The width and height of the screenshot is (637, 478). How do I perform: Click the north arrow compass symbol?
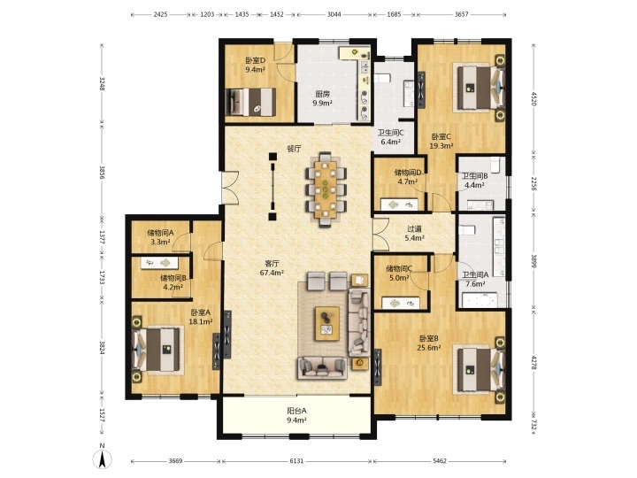(x=103, y=458)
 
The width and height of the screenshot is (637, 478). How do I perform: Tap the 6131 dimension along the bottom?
(x=296, y=461)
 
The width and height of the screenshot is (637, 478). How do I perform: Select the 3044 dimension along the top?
(x=334, y=14)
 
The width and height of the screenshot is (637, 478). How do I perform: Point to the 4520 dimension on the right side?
(x=533, y=98)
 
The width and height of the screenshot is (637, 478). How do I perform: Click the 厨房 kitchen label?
(x=323, y=94)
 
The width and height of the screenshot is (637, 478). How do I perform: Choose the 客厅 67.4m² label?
(x=272, y=268)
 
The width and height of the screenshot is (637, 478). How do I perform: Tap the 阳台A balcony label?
(x=296, y=411)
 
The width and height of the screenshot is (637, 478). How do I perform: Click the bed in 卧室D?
(x=250, y=102)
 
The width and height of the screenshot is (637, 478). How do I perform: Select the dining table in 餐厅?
(x=326, y=189)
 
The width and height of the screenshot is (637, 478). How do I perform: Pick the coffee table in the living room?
(x=327, y=324)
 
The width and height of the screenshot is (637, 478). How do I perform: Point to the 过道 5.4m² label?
(x=414, y=234)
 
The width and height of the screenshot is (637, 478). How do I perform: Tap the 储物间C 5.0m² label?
(x=399, y=274)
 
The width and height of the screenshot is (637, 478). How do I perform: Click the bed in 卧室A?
(x=157, y=349)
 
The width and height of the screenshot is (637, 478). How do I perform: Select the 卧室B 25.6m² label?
(x=429, y=343)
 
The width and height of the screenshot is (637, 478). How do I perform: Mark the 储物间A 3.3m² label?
(x=160, y=237)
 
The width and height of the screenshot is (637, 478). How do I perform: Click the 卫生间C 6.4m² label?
(x=390, y=137)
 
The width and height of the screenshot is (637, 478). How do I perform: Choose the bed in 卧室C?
(x=481, y=89)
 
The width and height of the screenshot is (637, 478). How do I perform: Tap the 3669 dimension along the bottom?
(x=175, y=461)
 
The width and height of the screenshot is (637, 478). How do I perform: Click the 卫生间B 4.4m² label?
(x=474, y=181)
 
